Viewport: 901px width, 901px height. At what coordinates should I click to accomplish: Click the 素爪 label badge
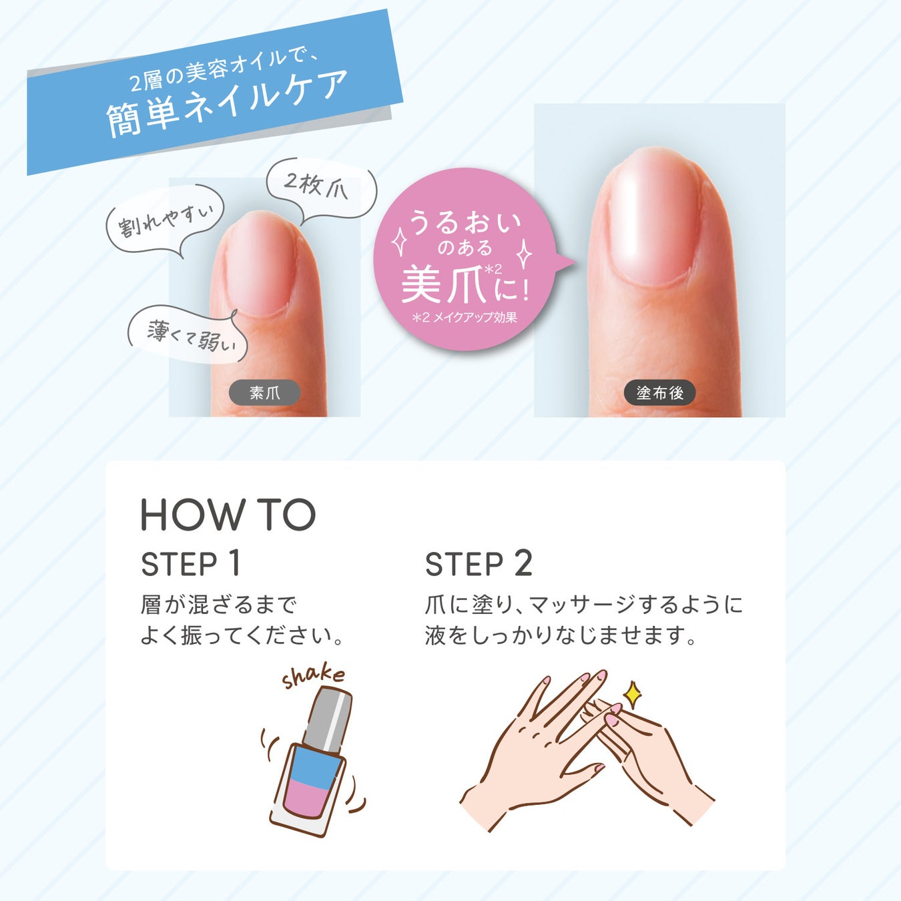tap(264, 392)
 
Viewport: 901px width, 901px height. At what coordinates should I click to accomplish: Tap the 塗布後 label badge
tap(659, 392)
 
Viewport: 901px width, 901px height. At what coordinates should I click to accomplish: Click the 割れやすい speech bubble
tap(164, 221)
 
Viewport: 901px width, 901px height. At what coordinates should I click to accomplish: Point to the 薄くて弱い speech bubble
tap(188, 334)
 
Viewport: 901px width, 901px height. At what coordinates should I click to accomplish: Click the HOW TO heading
tap(228, 515)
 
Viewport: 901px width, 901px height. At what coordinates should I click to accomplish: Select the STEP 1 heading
tap(190, 564)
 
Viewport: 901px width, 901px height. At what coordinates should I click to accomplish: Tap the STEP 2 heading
tap(479, 564)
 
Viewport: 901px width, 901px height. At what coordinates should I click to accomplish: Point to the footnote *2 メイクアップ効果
tap(465, 318)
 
